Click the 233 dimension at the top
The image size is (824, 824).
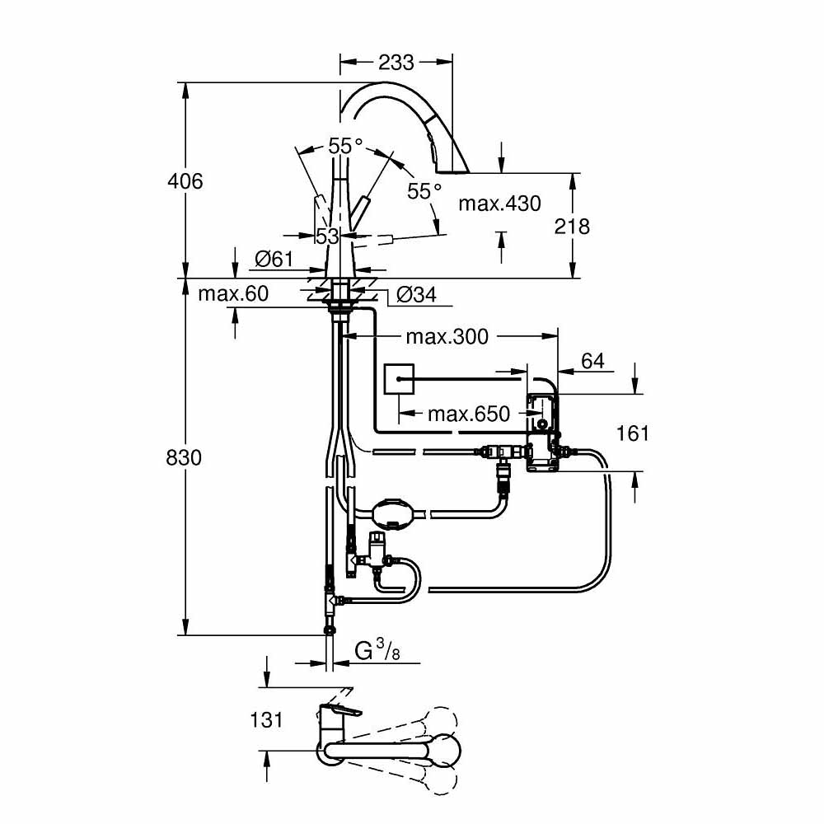[396, 63]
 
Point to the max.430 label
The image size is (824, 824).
[499, 203]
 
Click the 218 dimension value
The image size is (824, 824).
[572, 226]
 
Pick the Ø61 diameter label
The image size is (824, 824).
[274, 259]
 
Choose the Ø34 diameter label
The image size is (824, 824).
[416, 294]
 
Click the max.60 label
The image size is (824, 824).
[233, 293]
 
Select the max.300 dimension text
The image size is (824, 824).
[447, 336]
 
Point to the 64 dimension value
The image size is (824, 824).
[592, 361]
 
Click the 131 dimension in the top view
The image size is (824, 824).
[265, 719]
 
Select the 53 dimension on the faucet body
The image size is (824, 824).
[327, 236]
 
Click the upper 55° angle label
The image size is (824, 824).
[345, 146]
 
